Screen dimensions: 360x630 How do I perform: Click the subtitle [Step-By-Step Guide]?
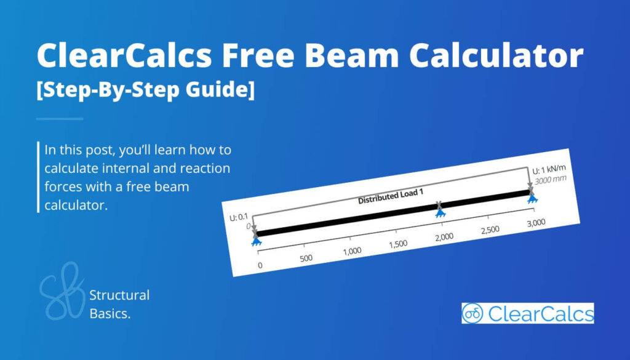[x=145, y=91]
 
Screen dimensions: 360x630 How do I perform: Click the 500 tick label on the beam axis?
[x=306, y=258]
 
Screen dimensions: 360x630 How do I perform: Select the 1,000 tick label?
[x=352, y=251]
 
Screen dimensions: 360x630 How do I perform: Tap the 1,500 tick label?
[x=399, y=244]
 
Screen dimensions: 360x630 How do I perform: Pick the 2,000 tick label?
[x=444, y=237]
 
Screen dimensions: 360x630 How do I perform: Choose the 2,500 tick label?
[x=490, y=230]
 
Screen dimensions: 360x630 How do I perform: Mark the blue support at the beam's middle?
[x=440, y=212]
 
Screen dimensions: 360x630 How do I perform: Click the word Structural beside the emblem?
[x=119, y=295]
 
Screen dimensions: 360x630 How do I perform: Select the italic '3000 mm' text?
[x=549, y=180]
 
